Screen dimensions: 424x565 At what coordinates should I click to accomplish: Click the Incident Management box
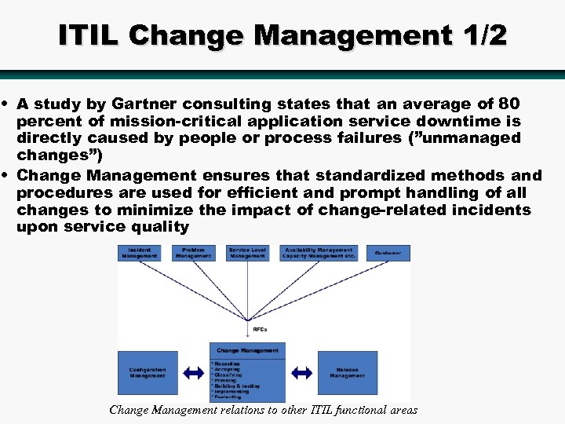(x=139, y=253)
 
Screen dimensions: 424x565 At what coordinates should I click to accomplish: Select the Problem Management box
(x=193, y=253)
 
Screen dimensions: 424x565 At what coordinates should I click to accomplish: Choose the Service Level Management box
(x=248, y=253)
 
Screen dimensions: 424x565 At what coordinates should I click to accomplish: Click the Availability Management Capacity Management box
(x=319, y=253)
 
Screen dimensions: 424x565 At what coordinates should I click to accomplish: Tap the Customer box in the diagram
(x=388, y=253)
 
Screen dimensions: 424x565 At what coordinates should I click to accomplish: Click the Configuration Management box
(x=148, y=373)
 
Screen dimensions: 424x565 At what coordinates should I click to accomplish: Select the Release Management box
(x=347, y=373)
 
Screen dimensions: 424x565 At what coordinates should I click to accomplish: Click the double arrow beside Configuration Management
(x=193, y=372)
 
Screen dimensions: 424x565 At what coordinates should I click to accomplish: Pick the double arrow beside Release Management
(x=301, y=372)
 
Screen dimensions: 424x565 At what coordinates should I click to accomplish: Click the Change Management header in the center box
(x=247, y=350)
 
